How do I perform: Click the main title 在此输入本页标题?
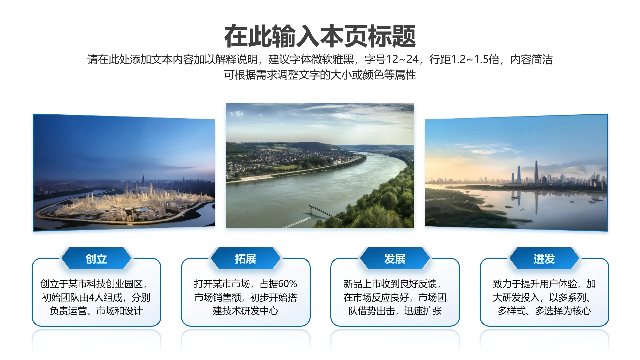point(320,36)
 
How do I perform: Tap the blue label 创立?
point(96,259)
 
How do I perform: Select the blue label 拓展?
point(246,259)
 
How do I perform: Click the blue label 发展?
point(395,259)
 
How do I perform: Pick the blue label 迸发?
point(544,259)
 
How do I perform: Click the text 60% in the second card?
point(288,284)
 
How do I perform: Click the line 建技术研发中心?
point(246,311)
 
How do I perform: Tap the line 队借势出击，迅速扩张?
point(395,311)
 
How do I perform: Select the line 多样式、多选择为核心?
point(544,311)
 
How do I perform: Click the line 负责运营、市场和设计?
point(96,311)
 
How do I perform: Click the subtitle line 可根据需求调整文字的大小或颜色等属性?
point(320,75)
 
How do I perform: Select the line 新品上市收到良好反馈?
point(392,284)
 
